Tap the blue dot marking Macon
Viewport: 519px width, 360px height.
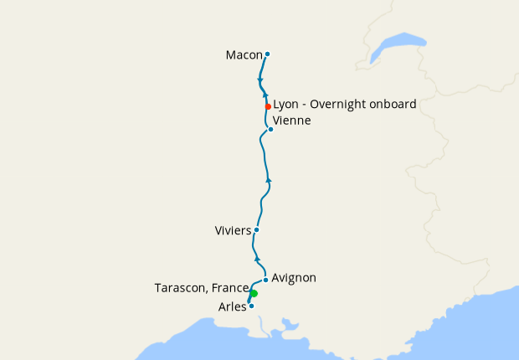click(267, 54)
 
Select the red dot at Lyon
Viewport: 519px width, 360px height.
click(267, 106)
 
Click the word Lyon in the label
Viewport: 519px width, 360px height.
click(286, 105)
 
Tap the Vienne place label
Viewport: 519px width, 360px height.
click(291, 121)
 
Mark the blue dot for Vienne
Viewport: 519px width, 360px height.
click(270, 129)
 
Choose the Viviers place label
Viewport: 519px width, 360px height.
click(234, 229)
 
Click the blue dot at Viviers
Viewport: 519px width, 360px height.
click(256, 229)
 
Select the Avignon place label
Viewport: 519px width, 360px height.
click(294, 277)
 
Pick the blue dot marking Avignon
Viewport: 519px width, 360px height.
click(265, 280)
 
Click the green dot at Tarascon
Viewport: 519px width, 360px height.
click(254, 293)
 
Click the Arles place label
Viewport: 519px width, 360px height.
click(232, 307)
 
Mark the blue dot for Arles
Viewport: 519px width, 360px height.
click(251, 306)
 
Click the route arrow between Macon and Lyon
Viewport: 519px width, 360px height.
click(260, 80)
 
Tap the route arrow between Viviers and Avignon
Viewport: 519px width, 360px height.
click(257, 259)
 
